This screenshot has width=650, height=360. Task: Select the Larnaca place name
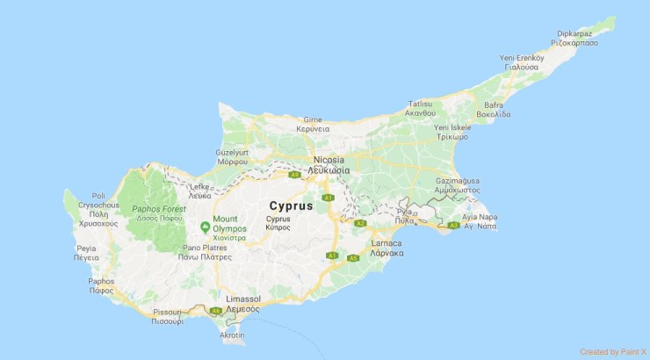(x=386, y=242)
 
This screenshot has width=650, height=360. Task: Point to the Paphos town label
(x=101, y=282)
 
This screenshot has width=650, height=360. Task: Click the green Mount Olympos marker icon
(x=205, y=227)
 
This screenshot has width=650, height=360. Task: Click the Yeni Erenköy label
(x=520, y=57)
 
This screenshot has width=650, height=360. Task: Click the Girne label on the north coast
(x=313, y=119)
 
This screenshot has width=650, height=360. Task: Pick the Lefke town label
(x=199, y=186)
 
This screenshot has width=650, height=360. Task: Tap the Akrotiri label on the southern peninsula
(x=232, y=335)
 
